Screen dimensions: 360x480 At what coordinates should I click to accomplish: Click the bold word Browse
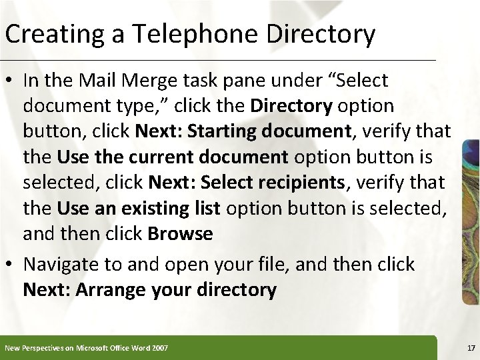point(181,234)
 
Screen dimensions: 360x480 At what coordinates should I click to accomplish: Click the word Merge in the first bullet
point(155,81)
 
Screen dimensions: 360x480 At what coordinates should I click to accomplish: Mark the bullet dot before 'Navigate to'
point(11,265)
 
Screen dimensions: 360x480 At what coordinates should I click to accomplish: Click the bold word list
point(205,209)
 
